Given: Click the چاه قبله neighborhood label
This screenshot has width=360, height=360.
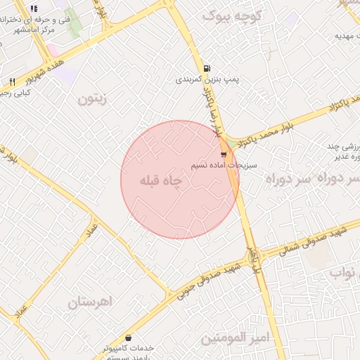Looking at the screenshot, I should [x=161, y=181].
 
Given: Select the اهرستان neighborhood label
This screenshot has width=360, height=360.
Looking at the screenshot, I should [x=91, y=303].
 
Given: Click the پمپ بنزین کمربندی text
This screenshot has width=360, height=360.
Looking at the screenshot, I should [x=207, y=81].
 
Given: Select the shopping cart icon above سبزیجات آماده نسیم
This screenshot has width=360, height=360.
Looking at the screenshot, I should [x=224, y=154].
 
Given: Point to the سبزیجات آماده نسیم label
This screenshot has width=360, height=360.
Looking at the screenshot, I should [x=224, y=165].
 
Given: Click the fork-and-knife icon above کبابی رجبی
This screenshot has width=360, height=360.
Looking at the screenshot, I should [x=12, y=82].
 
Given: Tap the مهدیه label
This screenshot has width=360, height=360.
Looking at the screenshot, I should [x=343, y=35].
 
